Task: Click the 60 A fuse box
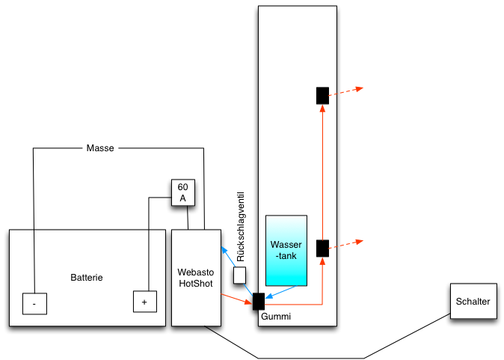[x=182, y=192]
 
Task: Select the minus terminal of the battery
[x=34, y=303]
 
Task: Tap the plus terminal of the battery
[x=144, y=302]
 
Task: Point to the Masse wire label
[x=100, y=148]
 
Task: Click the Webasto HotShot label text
[x=197, y=277]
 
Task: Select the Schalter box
[x=472, y=302]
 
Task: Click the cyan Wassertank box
[x=286, y=251]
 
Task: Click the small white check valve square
[x=240, y=275]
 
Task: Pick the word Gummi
[x=275, y=317]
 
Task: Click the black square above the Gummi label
[x=259, y=302]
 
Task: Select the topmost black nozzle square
[x=322, y=96]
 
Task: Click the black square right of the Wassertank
[x=322, y=248]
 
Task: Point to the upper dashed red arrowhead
[x=359, y=89]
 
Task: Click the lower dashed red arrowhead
[x=359, y=242]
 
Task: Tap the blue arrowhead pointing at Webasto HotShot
[x=222, y=250]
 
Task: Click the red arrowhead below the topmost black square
[x=322, y=108]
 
